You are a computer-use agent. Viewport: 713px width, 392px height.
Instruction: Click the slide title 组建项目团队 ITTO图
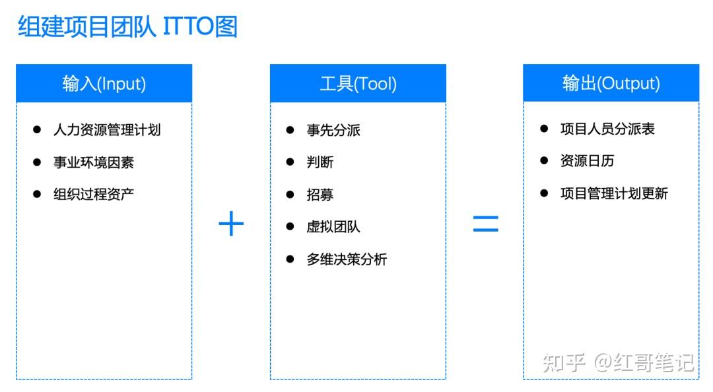(128, 26)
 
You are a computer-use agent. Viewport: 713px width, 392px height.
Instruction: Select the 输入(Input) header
(104, 83)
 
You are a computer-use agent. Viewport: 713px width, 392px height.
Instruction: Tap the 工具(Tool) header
(358, 83)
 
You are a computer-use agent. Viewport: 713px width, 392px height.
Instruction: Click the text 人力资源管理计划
(107, 130)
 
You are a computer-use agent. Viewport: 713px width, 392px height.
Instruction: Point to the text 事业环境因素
(94, 162)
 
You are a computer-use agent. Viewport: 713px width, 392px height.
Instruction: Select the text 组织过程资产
(94, 194)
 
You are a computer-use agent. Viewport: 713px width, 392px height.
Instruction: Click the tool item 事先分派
(333, 131)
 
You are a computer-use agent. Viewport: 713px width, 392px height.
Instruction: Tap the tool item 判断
(320, 162)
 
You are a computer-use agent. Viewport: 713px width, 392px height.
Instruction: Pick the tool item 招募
(320, 195)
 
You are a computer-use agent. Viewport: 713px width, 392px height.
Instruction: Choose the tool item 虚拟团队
(333, 226)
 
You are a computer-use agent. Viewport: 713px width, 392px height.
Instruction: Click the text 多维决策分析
(347, 259)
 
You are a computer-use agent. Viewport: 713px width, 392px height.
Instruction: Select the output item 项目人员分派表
(607, 129)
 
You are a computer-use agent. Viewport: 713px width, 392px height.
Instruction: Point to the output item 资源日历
(587, 160)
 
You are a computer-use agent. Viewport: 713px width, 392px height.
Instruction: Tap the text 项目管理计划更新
(614, 194)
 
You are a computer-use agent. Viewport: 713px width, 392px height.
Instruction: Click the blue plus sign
(232, 223)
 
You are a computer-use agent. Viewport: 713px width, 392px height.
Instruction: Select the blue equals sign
(486, 224)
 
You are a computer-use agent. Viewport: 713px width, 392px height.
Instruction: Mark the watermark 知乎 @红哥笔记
(619, 362)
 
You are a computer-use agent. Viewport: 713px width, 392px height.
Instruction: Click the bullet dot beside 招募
(290, 195)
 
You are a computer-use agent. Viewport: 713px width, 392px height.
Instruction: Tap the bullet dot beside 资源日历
(544, 160)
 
